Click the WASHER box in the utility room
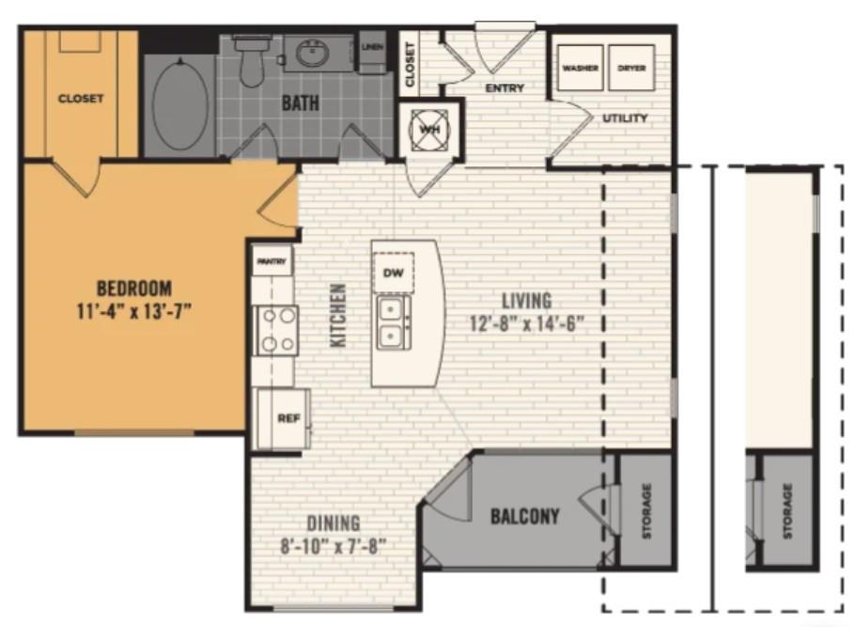[581, 68]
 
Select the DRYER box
[631, 68]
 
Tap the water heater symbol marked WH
[429, 130]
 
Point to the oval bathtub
[180, 103]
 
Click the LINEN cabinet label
[373, 47]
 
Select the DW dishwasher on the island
[393, 273]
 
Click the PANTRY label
[272, 261]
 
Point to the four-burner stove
[277, 330]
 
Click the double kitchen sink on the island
[391, 322]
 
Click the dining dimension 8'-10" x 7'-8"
[334, 546]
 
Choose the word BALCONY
[525, 516]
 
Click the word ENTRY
[505, 87]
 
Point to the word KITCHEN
[338, 315]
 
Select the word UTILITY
[625, 118]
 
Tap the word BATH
[301, 103]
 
